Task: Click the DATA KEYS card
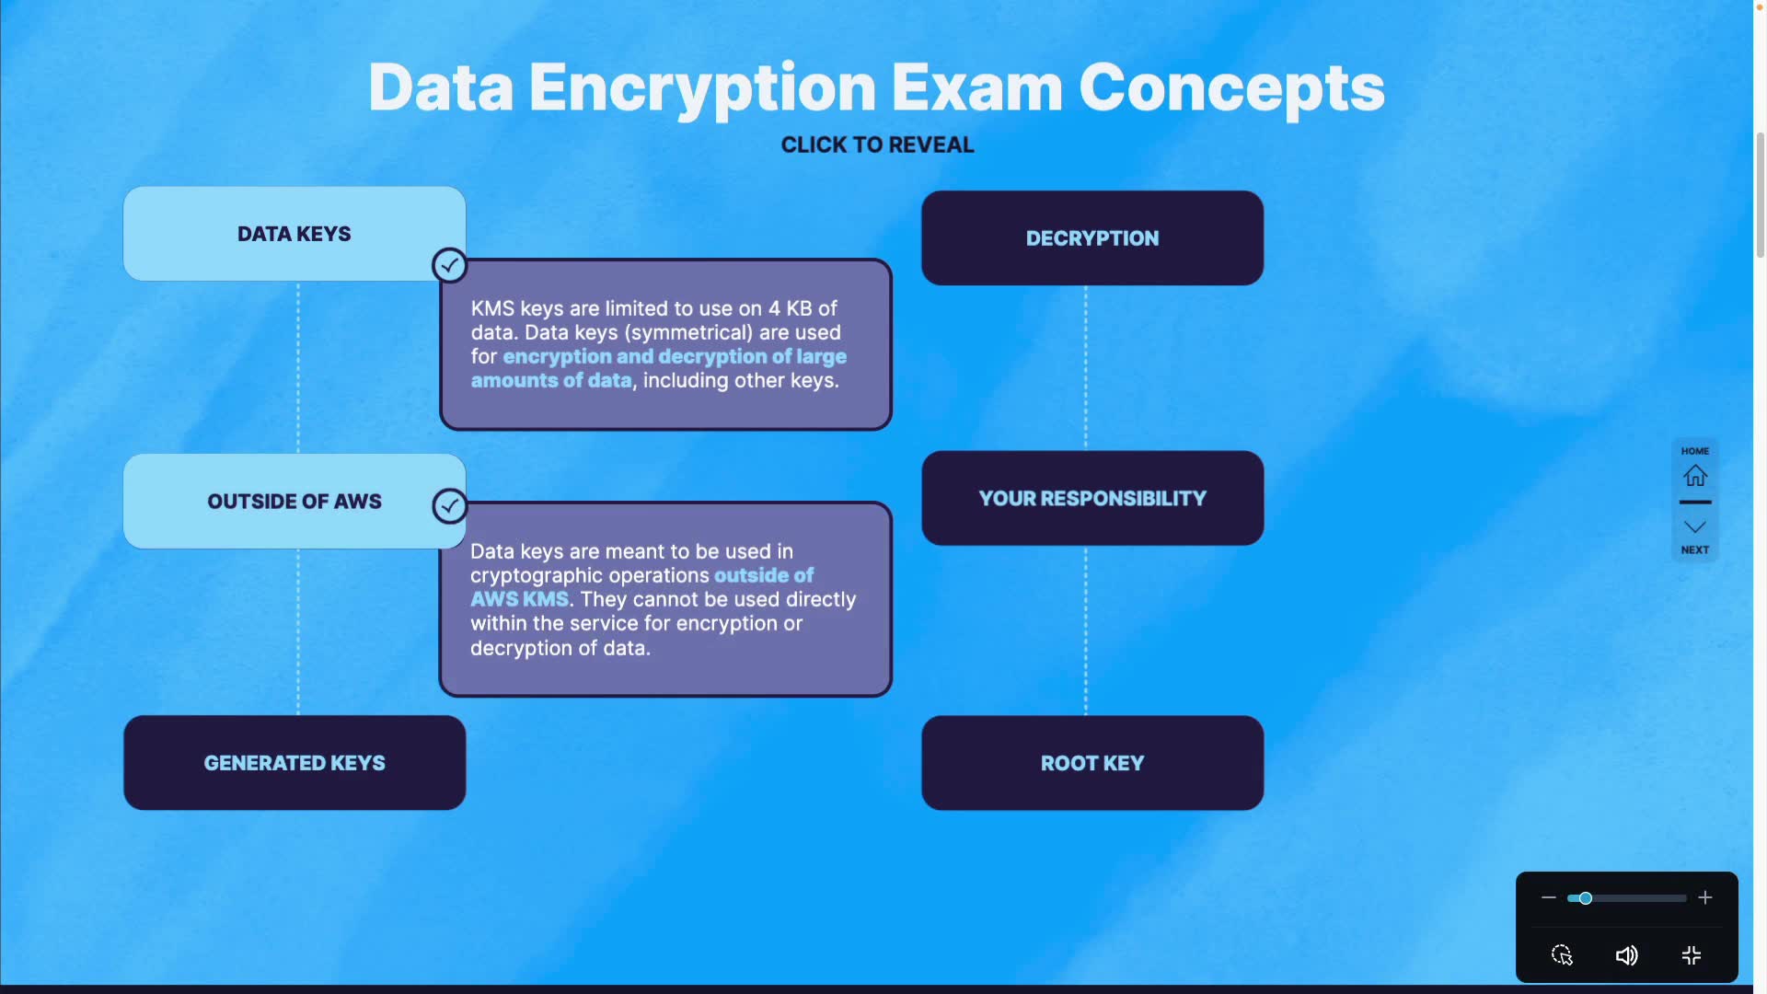click(x=294, y=234)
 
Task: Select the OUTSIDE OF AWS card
click(x=294, y=501)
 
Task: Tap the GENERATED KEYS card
click(x=294, y=763)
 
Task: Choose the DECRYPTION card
click(x=1092, y=238)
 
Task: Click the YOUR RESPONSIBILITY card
click(x=1092, y=498)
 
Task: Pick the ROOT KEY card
click(x=1092, y=763)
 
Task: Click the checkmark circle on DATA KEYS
click(x=449, y=266)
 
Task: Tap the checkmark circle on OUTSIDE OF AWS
click(x=449, y=505)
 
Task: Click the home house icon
click(x=1695, y=476)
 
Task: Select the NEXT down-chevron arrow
click(x=1695, y=527)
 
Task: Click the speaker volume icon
click(x=1626, y=955)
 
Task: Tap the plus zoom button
click(x=1705, y=897)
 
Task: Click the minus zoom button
click(x=1549, y=897)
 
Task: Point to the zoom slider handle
click(x=1586, y=898)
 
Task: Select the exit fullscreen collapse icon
click(x=1692, y=955)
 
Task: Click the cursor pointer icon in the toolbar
click(x=1562, y=955)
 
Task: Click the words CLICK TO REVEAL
click(x=877, y=144)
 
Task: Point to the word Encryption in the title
click(x=702, y=89)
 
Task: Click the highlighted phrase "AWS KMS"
click(x=519, y=599)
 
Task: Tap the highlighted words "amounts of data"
click(x=551, y=380)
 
